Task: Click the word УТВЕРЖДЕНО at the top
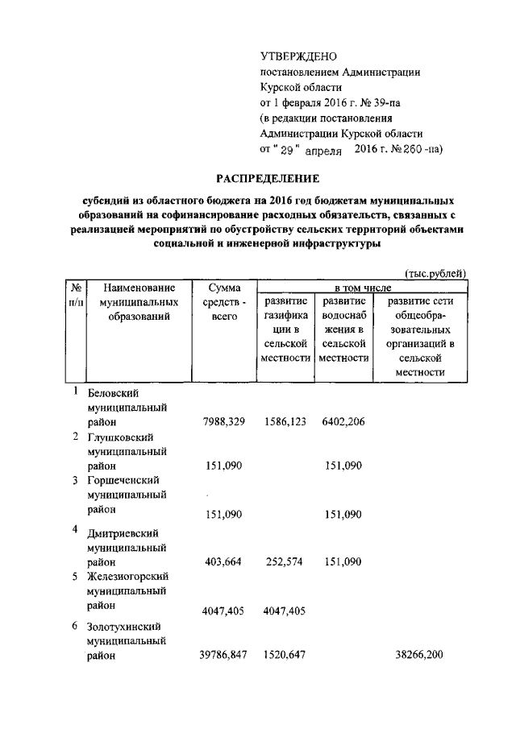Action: click(298, 56)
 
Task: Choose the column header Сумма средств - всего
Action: click(224, 302)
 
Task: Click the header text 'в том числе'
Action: click(363, 288)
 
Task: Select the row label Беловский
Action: click(113, 392)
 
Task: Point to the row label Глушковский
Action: click(121, 437)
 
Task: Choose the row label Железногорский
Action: click(126, 577)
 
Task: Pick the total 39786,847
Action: click(223, 656)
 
